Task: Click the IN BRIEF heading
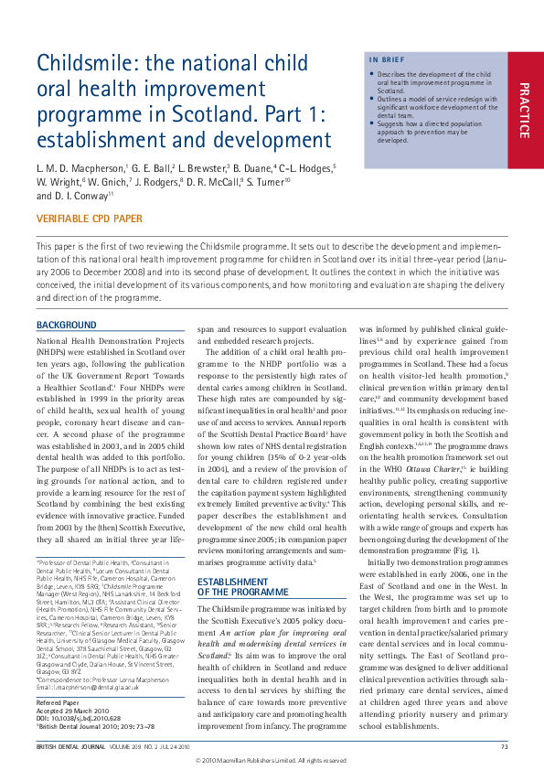[x=384, y=60]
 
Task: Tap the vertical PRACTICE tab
[x=523, y=110]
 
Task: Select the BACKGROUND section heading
[x=66, y=325]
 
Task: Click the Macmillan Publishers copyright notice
[x=272, y=760]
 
